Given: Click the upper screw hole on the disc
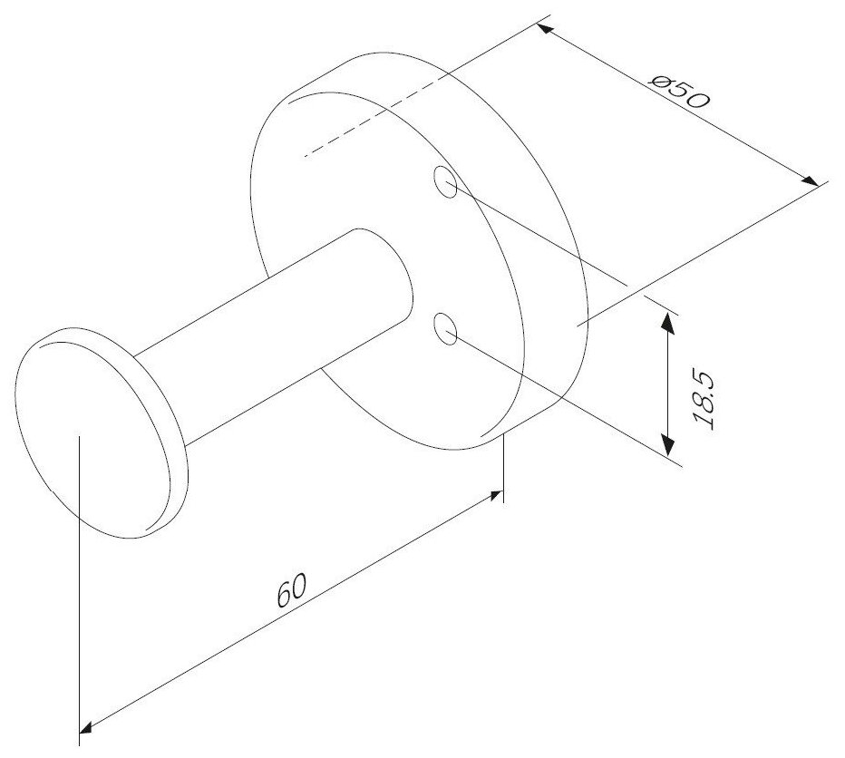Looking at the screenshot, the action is click(445, 182).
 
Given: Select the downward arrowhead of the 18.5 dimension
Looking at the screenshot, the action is click(668, 444).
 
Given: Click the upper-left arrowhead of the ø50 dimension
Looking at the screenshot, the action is click(543, 30).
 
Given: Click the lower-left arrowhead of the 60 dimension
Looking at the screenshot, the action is click(88, 725).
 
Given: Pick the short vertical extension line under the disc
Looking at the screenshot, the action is click(502, 467).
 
